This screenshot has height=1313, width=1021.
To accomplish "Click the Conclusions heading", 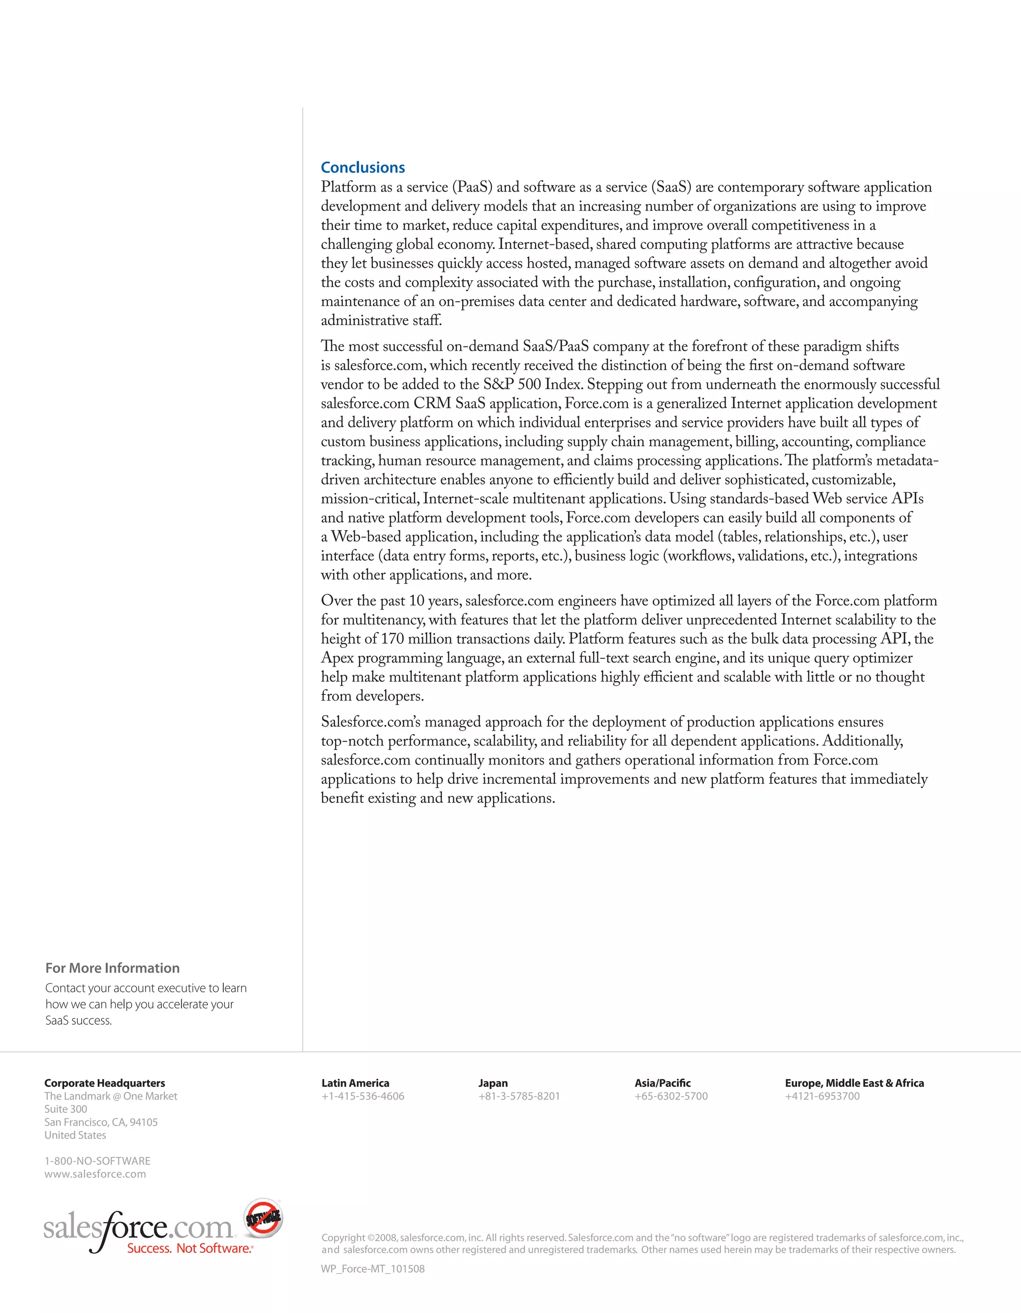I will (x=362, y=167).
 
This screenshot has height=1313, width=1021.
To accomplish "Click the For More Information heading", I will (x=112, y=968).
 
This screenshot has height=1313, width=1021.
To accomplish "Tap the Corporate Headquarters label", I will (x=105, y=1083).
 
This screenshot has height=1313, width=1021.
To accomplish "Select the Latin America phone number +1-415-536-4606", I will (x=362, y=1096).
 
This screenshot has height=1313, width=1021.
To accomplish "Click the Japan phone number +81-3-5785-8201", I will (x=518, y=1096).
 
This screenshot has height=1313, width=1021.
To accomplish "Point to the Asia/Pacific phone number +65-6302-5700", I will (x=671, y=1096).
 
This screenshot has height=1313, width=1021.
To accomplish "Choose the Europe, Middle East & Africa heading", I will (x=854, y=1083).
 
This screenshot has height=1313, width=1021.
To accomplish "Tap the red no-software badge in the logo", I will (x=263, y=1217).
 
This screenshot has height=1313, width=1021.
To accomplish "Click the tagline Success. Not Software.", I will (x=189, y=1248).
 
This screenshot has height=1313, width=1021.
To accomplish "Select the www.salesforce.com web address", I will (x=95, y=1174).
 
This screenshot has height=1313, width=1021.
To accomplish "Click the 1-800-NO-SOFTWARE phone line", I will (x=97, y=1161).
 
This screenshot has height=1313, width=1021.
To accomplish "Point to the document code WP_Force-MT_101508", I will (x=372, y=1269).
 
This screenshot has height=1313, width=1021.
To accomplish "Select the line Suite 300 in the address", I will (x=65, y=1109).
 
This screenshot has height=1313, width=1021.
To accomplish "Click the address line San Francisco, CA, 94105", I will (x=101, y=1122).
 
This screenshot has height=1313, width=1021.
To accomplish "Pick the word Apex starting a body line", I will (x=337, y=658).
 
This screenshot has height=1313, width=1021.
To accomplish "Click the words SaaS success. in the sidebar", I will (x=78, y=1020).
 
